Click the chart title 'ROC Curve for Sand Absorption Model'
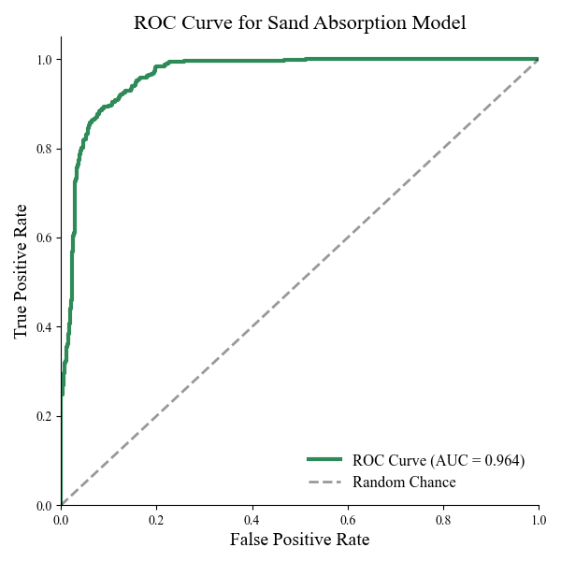pyautogui.click(x=299, y=22)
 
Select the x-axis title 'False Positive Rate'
pyautogui.click(x=299, y=540)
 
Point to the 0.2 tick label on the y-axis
pyautogui.click(x=43, y=416)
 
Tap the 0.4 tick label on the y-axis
pyautogui.click(x=43, y=327)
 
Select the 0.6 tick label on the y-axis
pyautogui.click(x=43, y=238)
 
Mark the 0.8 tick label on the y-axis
pyautogui.click(x=43, y=149)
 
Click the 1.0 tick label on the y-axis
pyautogui.click(x=43, y=60)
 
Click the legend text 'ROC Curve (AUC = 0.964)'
pyautogui.click(x=439, y=460)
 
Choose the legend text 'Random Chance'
pyautogui.click(x=404, y=483)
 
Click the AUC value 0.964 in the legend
pyautogui.click(x=504, y=460)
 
